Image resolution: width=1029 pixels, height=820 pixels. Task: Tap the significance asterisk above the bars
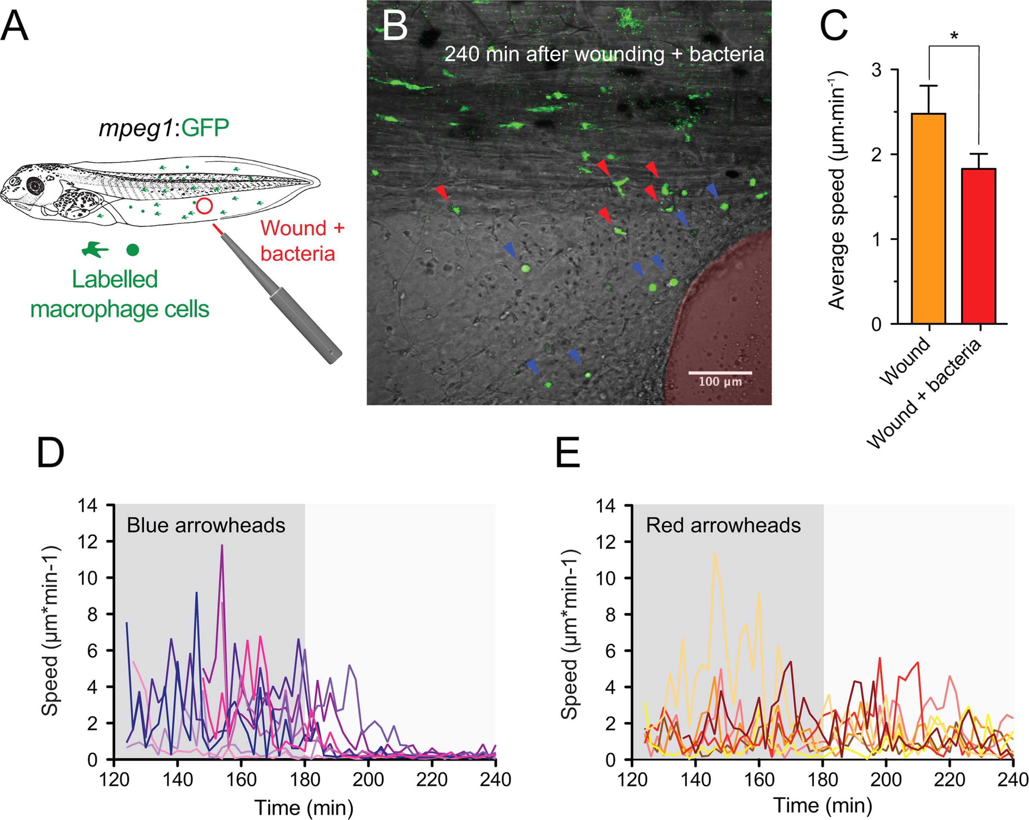954,36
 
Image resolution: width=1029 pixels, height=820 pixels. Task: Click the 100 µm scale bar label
720,382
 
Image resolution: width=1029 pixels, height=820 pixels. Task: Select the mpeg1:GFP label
164,128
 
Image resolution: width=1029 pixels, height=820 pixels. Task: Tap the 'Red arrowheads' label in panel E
723,525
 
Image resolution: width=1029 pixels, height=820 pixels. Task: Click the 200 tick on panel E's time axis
886,780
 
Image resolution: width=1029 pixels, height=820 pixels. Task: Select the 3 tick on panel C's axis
876,70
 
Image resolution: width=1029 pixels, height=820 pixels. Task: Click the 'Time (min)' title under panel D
304,808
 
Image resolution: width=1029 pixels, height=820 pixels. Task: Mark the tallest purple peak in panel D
222,546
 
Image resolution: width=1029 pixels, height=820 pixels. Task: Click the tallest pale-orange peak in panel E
715,553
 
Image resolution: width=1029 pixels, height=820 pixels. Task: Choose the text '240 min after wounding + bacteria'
604,54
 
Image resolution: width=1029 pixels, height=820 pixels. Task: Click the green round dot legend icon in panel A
132,250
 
